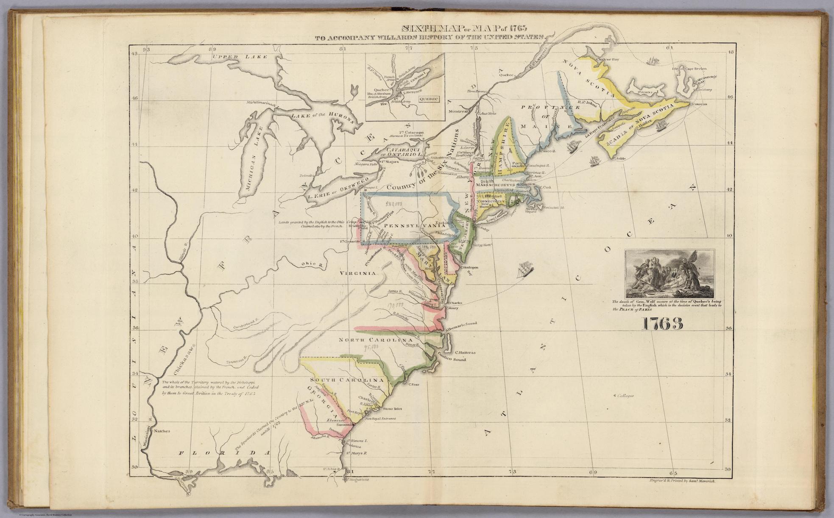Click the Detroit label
305,175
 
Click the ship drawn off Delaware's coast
524,270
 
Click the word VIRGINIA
357,274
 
